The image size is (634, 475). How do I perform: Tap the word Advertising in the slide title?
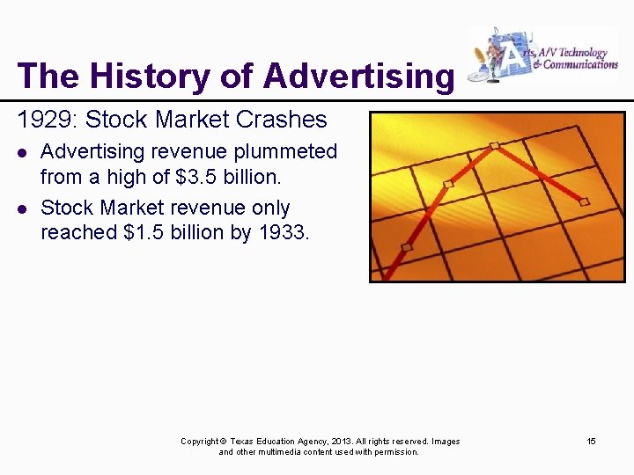(x=358, y=77)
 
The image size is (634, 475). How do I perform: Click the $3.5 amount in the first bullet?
(x=199, y=177)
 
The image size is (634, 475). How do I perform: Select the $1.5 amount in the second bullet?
(x=155, y=232)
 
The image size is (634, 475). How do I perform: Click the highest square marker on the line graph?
(x=495, y=145)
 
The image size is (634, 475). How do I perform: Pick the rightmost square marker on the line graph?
(x=584, y=201)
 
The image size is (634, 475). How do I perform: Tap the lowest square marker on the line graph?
(x=406, y=247)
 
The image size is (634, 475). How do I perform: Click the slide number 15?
(x=592, y=441)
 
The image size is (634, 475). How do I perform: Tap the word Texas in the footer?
(x=244, y=441)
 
